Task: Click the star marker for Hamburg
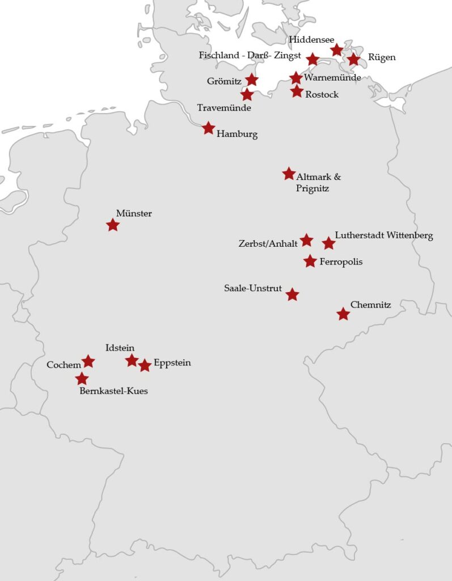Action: (x=209, y=128)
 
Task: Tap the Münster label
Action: (x=134, y=213)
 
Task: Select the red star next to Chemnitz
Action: (x=343, y=314)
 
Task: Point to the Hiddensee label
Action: (x=311, y=39)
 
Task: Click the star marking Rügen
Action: (x=354, y=59)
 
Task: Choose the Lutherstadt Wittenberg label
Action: (x=384, y=235)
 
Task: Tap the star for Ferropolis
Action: (x=310, y=261)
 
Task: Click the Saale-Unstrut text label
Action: (x=253, y=288)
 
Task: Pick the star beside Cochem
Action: (x=88, y=361)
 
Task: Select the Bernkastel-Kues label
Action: (x=113, y=391)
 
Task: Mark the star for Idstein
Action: (x=132, y=360)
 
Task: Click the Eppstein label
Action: (x=172, y=363)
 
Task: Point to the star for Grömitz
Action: (x=251, y=79)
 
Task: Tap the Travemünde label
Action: (x=223, y=107)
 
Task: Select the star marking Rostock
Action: (x=297, y=91)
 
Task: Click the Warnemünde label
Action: (x=332, y=77)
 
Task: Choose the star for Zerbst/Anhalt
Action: (x=306, y=240)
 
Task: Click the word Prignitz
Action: (x=312, y=188)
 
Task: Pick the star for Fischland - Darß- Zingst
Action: (x=312, y=59)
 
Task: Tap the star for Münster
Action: (x=113, y=225)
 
